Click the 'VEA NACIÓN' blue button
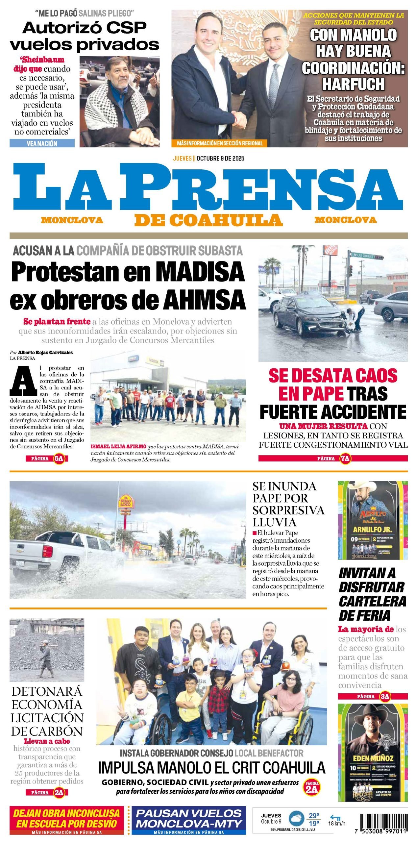coord(42,143)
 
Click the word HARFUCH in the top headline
coord(353,84)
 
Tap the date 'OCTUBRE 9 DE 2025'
coord(220,158)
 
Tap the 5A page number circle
coord(59,458)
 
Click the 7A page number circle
coord(345,458)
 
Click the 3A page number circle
coord(385,696)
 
